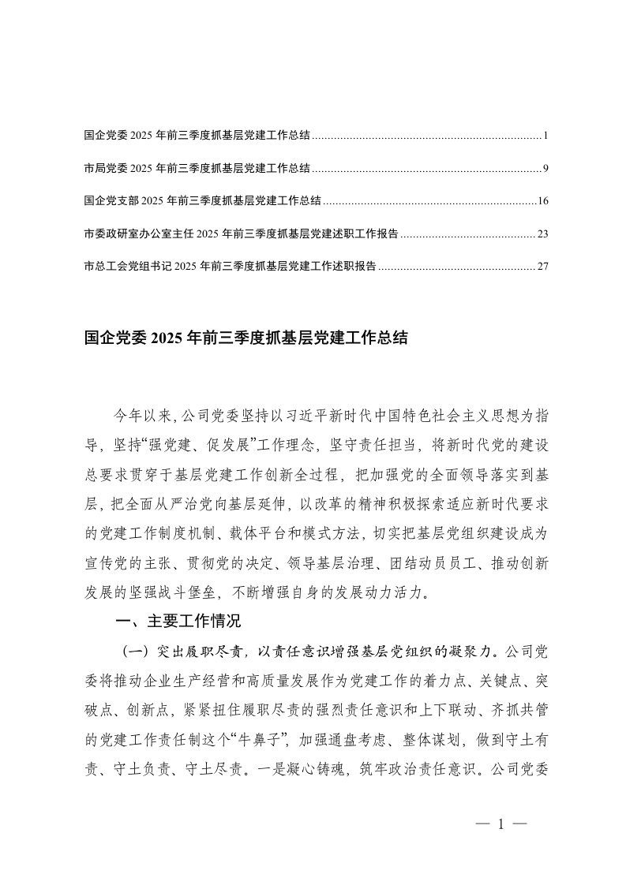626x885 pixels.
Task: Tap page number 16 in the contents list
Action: (542, 201)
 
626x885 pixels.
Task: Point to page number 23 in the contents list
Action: (542, 234)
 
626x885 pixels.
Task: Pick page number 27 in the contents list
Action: (542, 267)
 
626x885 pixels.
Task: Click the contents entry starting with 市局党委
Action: (197, 169)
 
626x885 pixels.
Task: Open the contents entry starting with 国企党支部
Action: (202, 201)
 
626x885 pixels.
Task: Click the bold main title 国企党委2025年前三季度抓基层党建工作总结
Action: (246, 339)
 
